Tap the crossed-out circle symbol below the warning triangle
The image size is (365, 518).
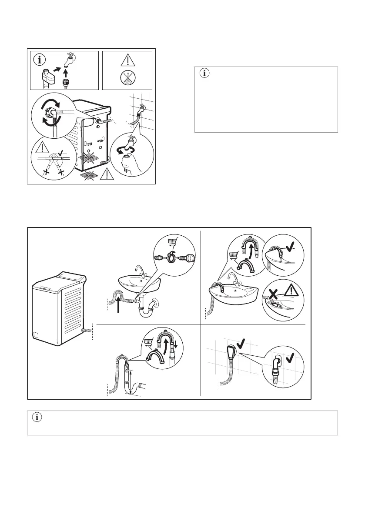(127, 79)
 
